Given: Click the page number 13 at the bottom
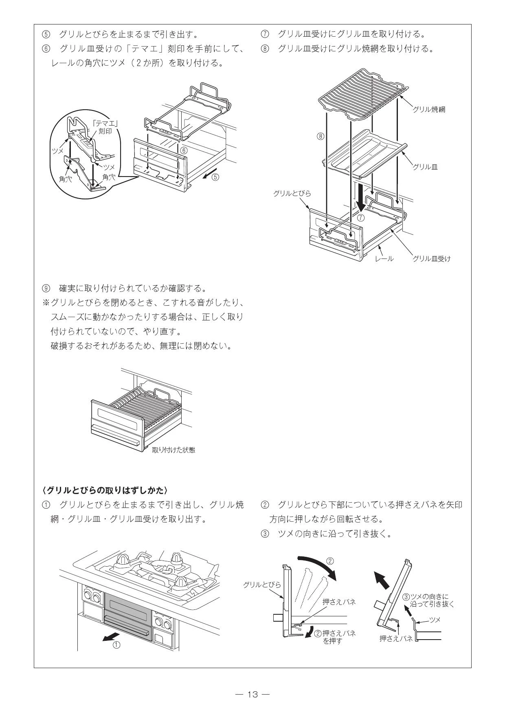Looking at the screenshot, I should [x=253, y=694].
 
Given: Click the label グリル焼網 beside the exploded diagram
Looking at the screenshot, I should [x=429, y=109].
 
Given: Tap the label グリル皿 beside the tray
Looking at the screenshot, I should [x=425, y=167].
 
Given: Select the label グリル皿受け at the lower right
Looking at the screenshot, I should [x=432, y=258].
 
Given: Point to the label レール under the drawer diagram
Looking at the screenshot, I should [x=384, y=258].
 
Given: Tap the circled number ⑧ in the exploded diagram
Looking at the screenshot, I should [x=321, y=137].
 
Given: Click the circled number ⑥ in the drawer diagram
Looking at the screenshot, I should [x=184, y=150].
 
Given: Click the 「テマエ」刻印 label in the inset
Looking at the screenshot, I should [x=105, y=127].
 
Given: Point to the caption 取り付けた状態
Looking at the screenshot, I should [x=173, y=450].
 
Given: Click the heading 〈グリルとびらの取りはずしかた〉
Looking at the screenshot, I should [x=105, y=490].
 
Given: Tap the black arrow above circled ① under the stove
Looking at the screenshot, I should [x=112, y=636].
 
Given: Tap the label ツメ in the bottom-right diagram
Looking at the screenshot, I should [x=435, y=620].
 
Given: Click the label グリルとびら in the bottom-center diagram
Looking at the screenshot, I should [x=262, y=585].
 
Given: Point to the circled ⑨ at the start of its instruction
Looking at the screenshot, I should [x=46, y=289].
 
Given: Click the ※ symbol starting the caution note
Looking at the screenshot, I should [x=46, y=303].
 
